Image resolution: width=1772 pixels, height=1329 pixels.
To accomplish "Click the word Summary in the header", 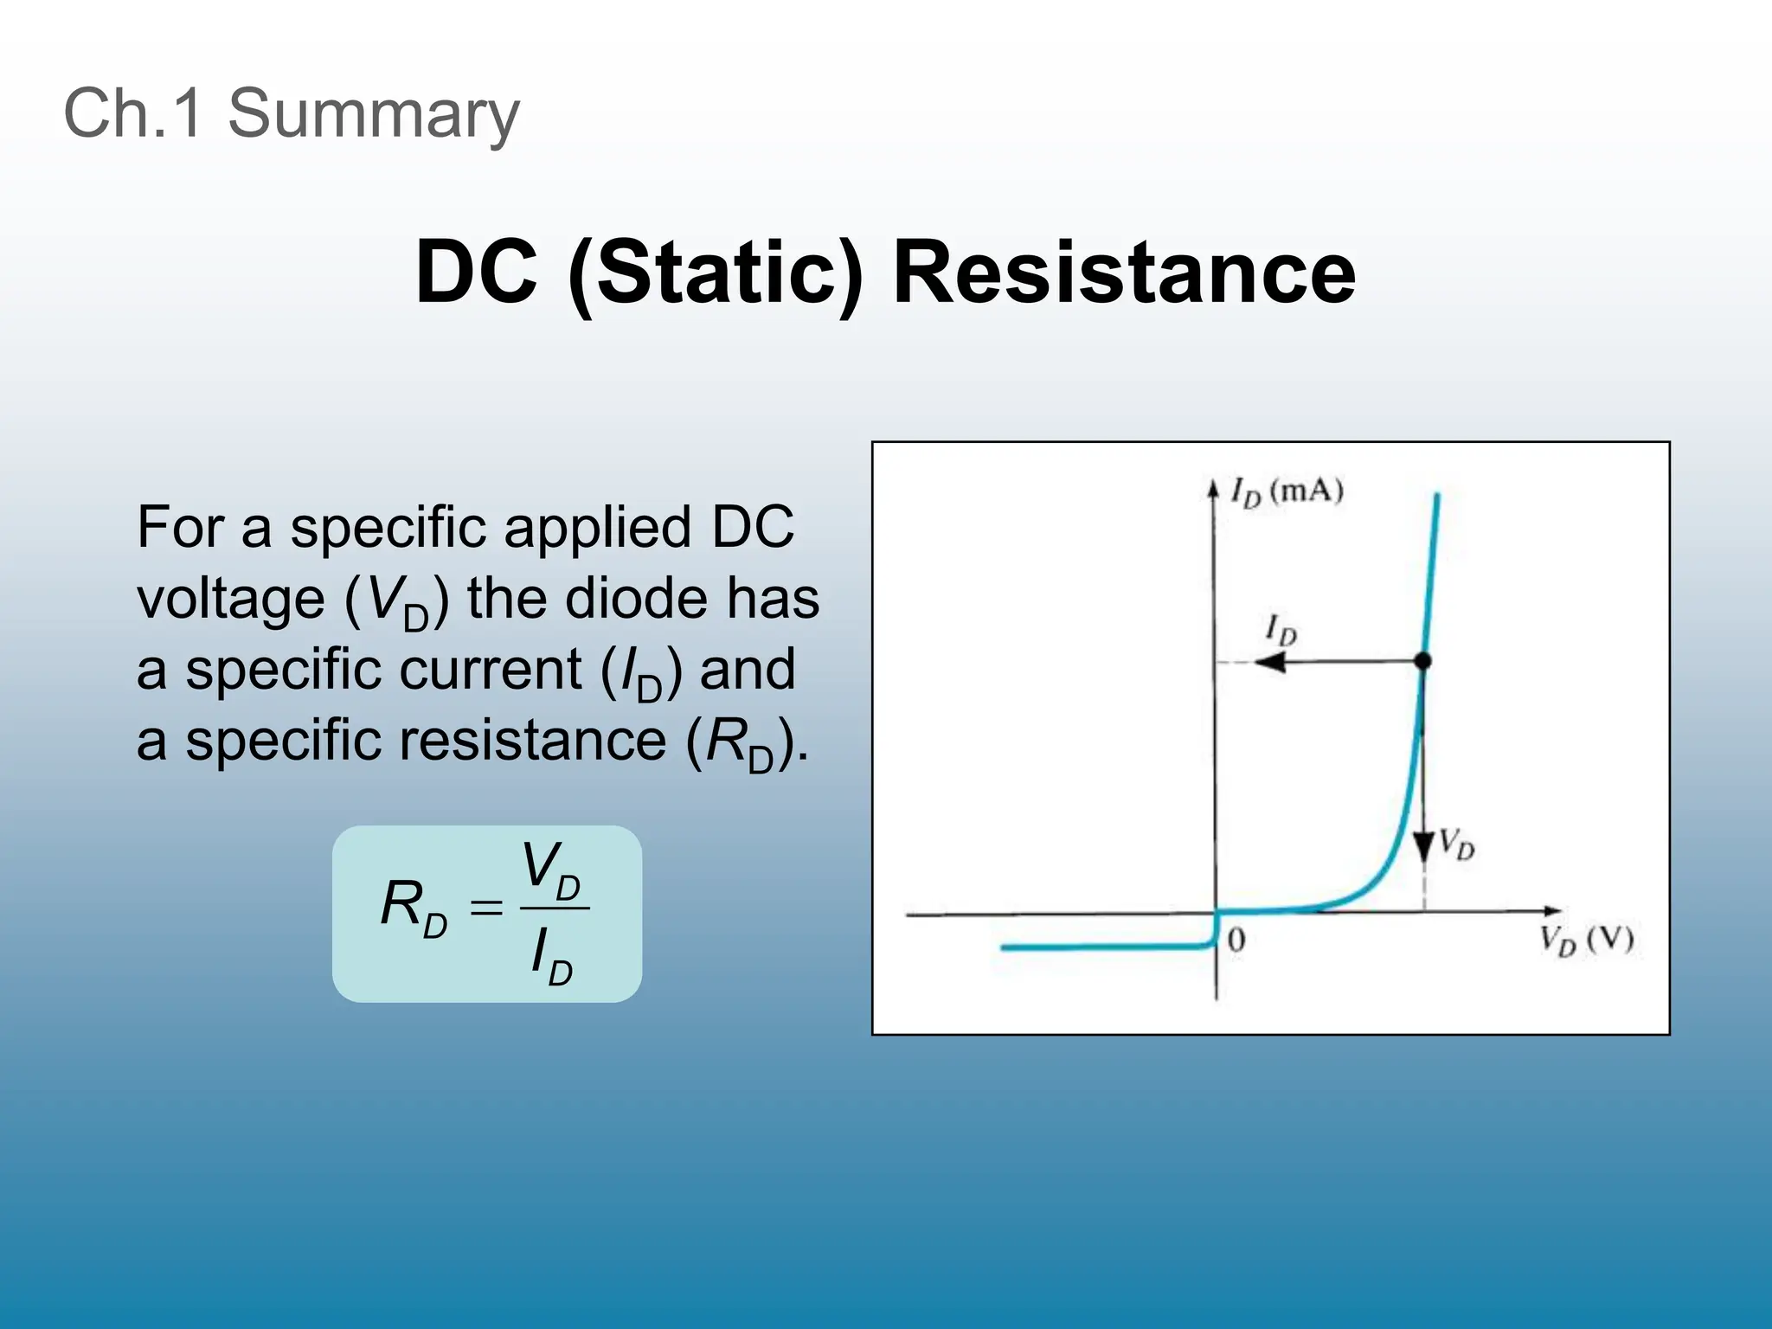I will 373,114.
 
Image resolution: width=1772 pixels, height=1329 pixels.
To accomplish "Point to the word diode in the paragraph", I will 636,599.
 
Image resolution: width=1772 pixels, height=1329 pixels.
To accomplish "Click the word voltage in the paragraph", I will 230,599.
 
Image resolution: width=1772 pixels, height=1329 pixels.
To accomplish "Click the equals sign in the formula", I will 485,908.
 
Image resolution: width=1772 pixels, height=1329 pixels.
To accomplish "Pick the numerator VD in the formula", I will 552,870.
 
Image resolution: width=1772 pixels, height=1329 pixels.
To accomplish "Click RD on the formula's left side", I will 414,908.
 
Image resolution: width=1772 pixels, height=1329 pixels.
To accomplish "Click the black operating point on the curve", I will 1422,662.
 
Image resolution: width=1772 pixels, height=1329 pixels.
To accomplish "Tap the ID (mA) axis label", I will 1287,492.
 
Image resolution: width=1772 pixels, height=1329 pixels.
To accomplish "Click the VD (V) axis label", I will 1586,941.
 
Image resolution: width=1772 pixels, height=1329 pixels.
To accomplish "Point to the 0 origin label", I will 1236,941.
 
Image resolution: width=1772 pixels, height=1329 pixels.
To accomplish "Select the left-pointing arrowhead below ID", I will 1270,663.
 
